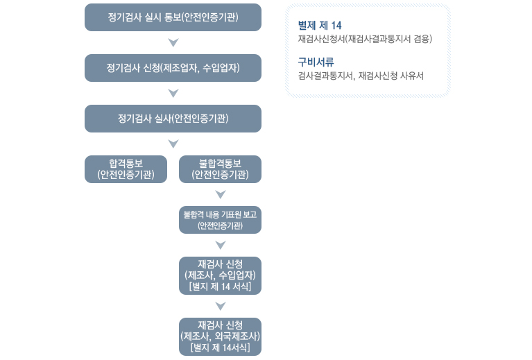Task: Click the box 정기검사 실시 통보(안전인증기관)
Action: tap(173, 17)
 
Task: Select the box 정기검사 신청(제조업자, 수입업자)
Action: tap(173, 68)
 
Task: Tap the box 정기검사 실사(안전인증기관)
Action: tap(173, 119)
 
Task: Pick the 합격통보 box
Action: tap(126, 169)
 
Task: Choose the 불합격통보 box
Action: tap(220, 169)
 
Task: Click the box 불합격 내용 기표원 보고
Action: tap(220, 220)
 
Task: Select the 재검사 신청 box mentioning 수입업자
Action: tap(220, 275)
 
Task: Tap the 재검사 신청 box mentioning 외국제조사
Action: tap(220, 336)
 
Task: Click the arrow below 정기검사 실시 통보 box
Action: tap(173, 42)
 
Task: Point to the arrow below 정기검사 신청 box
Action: tap(173, 93)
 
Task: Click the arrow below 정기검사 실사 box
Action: tap(173, 144)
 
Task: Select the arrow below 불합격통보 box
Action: tap(221, 194)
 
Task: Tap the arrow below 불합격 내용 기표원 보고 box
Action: tap(221, 245)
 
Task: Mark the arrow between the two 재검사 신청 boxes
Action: tap(221, 306)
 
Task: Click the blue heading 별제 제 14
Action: tap(320, 26)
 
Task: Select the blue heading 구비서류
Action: tap(316, 62)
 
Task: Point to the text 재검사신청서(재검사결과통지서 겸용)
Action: tap(365, 39)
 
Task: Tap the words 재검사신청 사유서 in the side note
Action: tap(391, 76)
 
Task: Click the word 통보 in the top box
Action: tap(172, 17)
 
